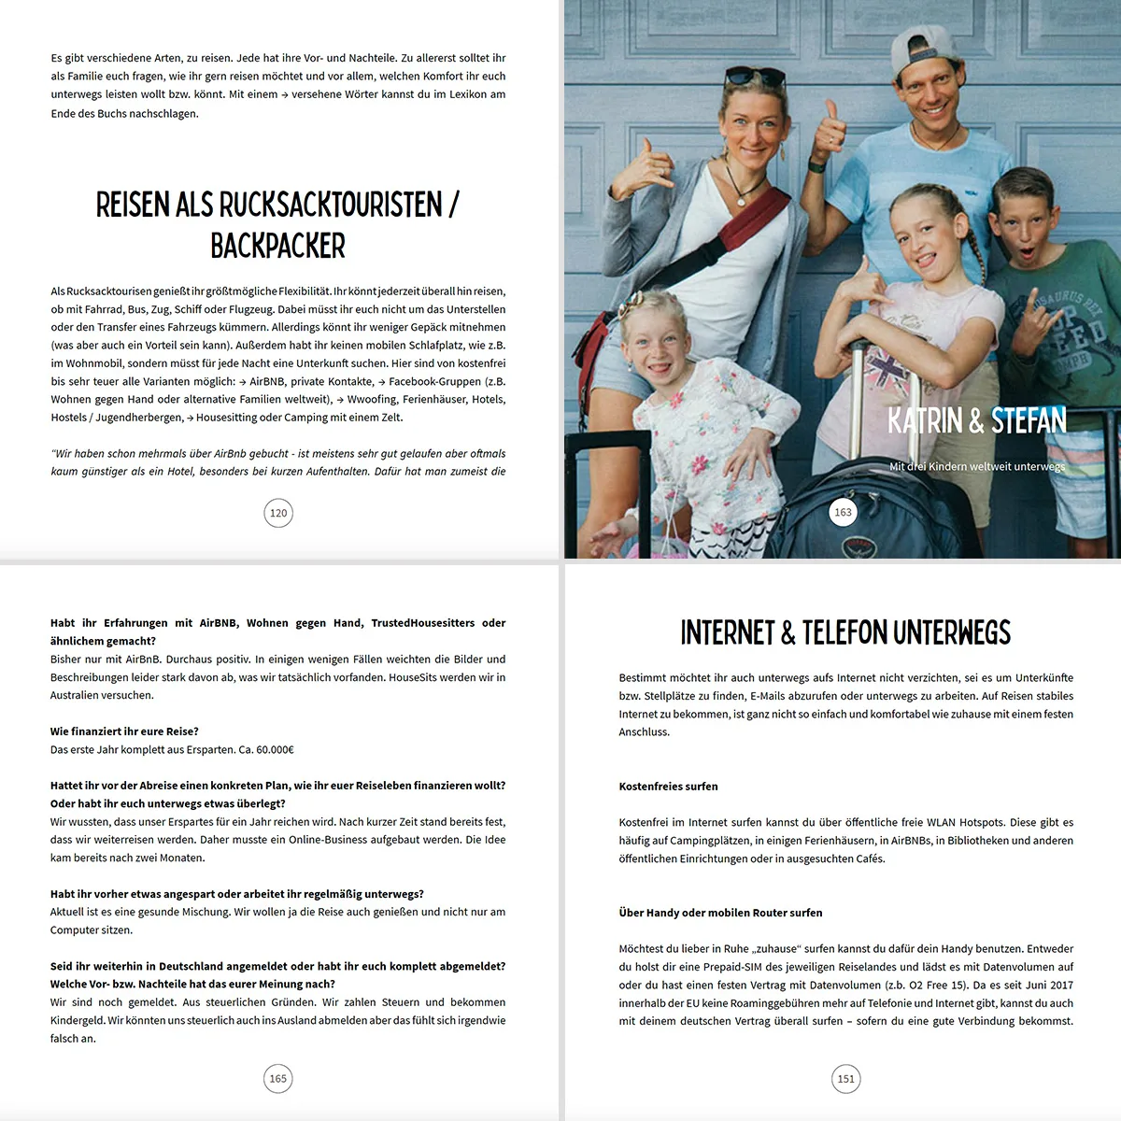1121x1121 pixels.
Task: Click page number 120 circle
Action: point(278,513)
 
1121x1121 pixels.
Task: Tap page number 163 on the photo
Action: point(843,512)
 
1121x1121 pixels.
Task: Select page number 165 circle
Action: point(278,1078)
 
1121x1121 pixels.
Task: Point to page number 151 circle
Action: point(845,1078)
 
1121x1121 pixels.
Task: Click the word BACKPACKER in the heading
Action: point(277,246)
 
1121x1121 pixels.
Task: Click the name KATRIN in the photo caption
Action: point(925,421)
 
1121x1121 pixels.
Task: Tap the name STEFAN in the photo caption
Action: point(1029,421)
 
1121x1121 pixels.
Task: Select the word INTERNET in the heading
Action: point(728,632)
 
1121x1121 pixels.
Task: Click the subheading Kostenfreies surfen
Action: point(668,787)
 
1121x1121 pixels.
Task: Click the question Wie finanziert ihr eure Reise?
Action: point(124,731)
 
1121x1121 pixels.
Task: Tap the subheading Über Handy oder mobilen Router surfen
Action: point(720,913)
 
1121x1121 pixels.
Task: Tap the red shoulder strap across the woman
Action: point(747,234)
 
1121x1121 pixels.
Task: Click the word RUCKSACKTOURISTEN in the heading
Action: point(330,204)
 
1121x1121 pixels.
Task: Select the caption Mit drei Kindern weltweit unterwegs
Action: point(976,466)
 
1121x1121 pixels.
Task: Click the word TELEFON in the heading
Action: point(844,632)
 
